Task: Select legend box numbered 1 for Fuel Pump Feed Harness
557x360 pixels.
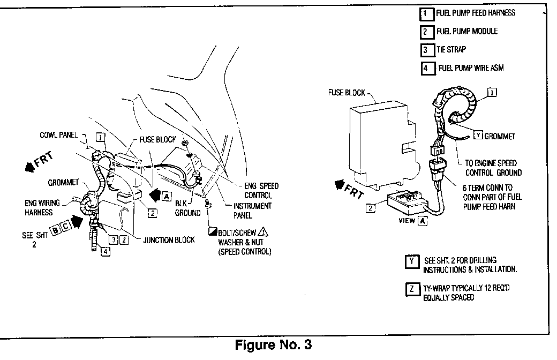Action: click(x=426, y=13)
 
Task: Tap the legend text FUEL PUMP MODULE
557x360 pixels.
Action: click(x=467, y=31)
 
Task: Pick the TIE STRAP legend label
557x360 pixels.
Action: click(x=451, y=49)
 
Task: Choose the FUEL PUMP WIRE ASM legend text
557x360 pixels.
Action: click(x=471, y=68)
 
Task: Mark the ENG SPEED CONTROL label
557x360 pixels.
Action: click(x=261, y=190)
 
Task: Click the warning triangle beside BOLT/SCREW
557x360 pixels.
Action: click(x=262, y=232)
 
